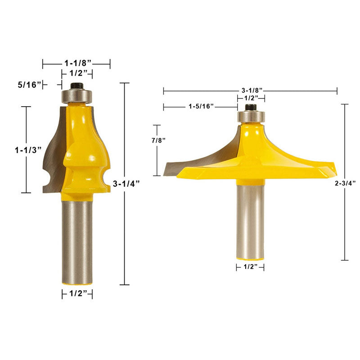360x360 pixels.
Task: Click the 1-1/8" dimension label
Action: (x=77, y=63)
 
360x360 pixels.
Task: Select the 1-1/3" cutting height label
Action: (x=28, y=150)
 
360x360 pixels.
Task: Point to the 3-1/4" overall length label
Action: (x=126, y=184)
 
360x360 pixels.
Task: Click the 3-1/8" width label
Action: (x=252, y=90)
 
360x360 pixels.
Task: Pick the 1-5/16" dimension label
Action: (x=201, y=106)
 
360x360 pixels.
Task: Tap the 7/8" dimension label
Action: (x=158, y=140)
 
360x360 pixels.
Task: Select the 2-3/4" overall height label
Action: (x=345, y=183)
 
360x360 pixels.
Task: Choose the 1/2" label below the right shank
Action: (x=250, y=267)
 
